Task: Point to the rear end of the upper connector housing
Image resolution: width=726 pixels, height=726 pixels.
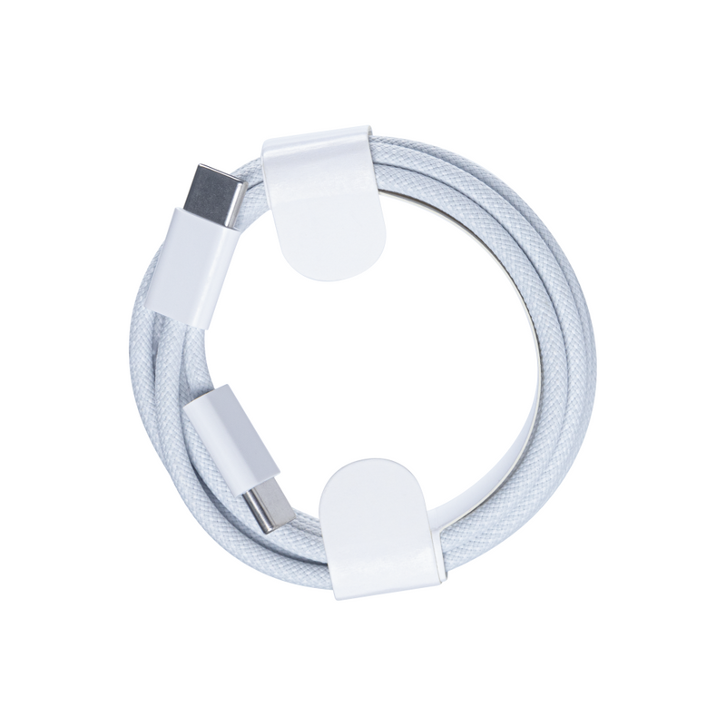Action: [182, 313]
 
